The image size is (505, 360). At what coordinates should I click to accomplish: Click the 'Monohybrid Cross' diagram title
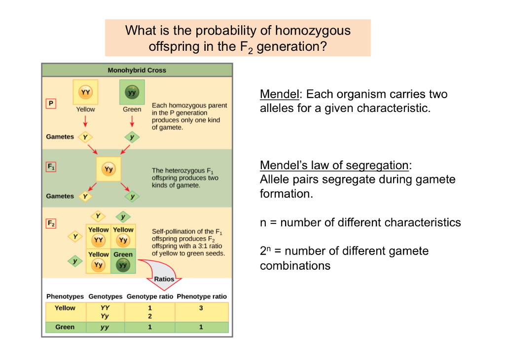[x=137, y=70]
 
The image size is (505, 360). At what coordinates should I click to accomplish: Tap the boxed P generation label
[x=50, y=104]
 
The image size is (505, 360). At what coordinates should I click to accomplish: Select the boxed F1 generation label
[x=51, y=167]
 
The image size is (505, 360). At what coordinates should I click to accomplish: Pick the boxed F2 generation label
[x=51, y=223]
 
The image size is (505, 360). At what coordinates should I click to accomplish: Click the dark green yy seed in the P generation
[x=132, y=92]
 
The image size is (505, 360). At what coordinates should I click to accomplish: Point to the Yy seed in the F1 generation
[x=108, y=169]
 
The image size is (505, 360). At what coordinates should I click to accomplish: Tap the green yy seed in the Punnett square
[x=123, y=265]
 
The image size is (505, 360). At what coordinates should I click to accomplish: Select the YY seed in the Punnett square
[x=98, y=240]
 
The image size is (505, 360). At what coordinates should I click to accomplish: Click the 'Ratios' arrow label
[x=164, y=279]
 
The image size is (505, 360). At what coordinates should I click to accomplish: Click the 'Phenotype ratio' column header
[x=202, y=296]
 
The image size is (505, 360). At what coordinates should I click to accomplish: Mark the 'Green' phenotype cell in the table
[x=65, y=327]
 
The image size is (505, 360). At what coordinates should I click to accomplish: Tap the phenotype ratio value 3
[x=201, y=308]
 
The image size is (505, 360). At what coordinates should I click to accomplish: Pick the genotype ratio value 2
[x=150, y=316]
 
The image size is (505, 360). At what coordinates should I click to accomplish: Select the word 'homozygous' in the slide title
[x=313, y=31]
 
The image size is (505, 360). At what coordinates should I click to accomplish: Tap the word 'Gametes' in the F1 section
[x=60, y=196]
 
